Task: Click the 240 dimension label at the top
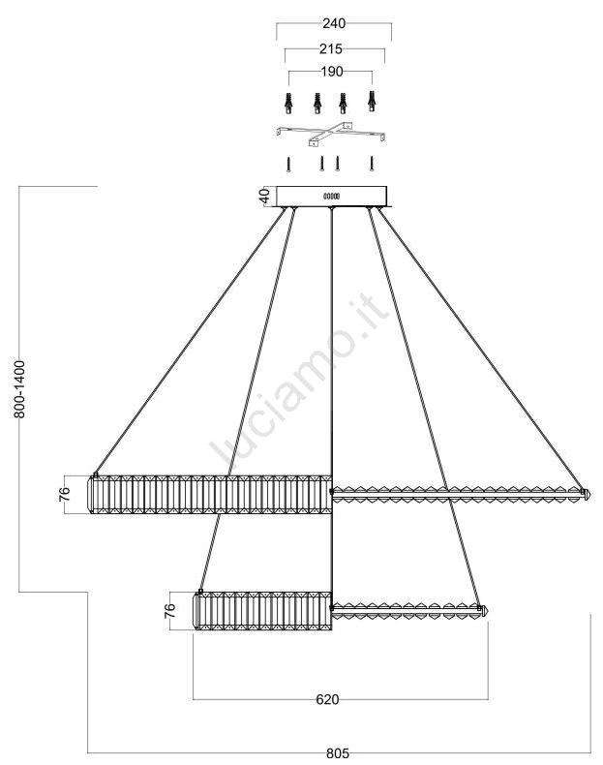pos(334,23)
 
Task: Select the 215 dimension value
pos(331,48)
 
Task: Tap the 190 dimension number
pos(331,72)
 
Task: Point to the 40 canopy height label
pos(263,197)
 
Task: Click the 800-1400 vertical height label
pos(19,389)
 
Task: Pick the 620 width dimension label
pos(327,699)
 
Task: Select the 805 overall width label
pos(338,753)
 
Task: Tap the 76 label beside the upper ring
pos(64,494)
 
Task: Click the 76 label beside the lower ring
pos(169,611)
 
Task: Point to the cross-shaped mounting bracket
pos(331,135)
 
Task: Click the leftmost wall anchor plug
pos(289,103)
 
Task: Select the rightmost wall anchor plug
pos(372,101)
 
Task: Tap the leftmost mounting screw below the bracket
pos(289,164)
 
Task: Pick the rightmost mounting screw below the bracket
pos(372,164)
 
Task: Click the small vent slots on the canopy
pos(331,197)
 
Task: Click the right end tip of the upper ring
pos(590,494)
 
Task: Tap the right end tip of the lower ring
pos(487,611)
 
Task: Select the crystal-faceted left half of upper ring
pos(210,494)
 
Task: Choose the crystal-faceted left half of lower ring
pos(262,611)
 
